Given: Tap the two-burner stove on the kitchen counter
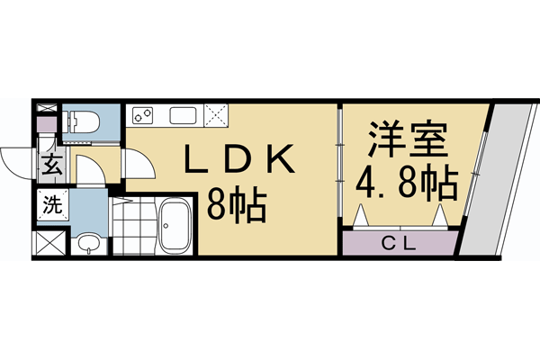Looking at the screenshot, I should coord(144,114).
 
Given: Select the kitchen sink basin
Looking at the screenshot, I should coord(182,115).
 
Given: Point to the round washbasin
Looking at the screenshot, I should coord(86,241).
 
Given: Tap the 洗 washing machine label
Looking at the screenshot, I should coord(52,203).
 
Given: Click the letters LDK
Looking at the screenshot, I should coord(239,161).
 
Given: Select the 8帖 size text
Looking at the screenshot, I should coord(237,208).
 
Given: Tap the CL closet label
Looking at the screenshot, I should coord(401,242).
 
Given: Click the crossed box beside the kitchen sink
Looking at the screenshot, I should coord(215,114).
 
